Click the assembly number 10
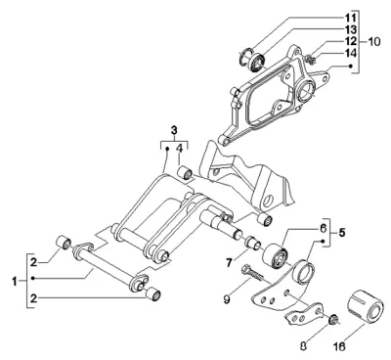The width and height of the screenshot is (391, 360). [x=373, y=41]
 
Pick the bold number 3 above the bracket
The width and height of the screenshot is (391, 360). [x=174, y=130]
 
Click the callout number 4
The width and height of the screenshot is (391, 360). [x=180, y=150]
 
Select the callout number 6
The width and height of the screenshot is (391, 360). [x=322, y=228]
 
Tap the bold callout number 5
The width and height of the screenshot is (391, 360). [x=342, y=233]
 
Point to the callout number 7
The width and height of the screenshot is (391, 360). [x=229, y=262]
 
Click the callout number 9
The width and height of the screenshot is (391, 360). [x=227, y=298]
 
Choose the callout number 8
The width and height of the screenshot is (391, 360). [x=303, y=345]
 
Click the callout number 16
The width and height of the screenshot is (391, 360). [x=339, y=345]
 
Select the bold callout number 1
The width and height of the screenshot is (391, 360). [x=15, y=281]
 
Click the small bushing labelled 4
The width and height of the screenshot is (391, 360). [x=186, y=172]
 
